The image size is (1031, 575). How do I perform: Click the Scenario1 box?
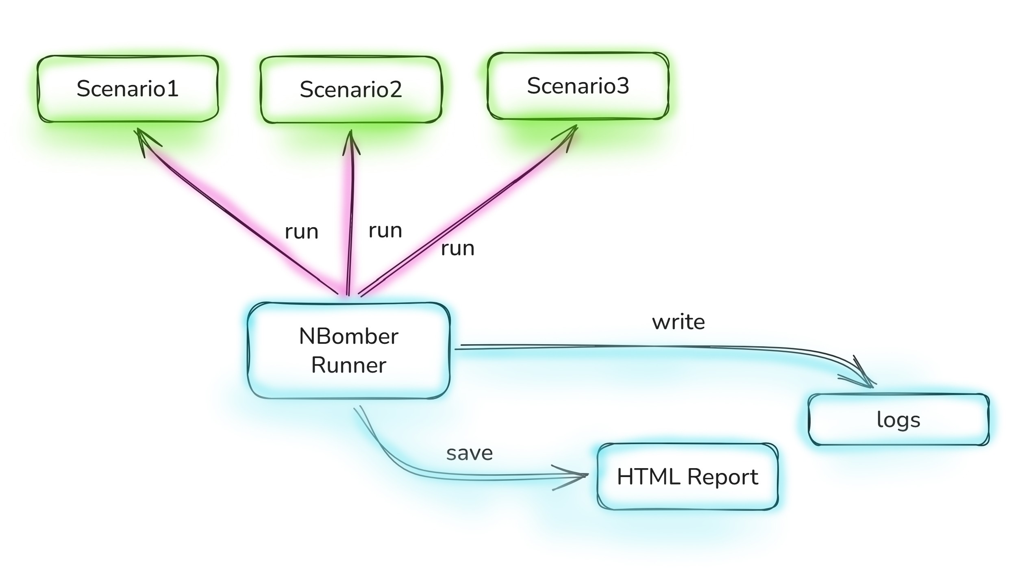(128, 89)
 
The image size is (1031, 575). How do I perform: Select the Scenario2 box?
(350, 89)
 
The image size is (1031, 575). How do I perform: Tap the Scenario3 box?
(578, 86)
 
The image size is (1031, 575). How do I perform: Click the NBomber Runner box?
(349, 350)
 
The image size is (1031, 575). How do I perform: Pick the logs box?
(898, 419)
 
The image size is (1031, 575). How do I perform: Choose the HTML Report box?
(687, 476)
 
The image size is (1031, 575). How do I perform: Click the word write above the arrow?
(678, 322)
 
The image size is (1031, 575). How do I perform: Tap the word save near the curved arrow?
(470, 453)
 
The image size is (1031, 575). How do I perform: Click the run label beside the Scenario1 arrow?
(301, 232)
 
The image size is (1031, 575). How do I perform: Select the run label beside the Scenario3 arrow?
(457, 248)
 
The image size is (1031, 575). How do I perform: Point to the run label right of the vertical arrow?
(385, 231)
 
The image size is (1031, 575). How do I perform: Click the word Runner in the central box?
(348, 365)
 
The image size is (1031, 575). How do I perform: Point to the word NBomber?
(348, 336)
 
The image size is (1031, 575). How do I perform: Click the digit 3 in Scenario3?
(622, 86)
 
